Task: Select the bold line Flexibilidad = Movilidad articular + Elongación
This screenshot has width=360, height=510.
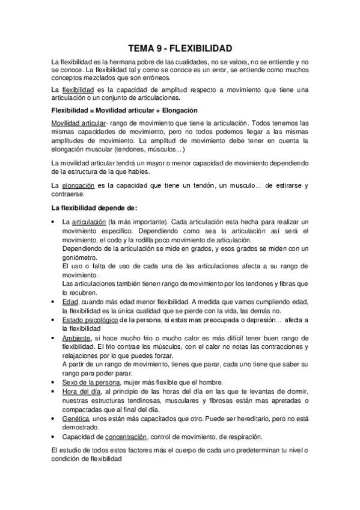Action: click(126, 111)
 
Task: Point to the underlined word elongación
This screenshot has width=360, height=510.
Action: click(79, 186)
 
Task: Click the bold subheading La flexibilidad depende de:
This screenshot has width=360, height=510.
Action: click(95, 209)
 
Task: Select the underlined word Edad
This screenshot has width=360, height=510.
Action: click(70, 301)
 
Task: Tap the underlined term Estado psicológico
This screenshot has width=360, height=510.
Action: click(90, 321)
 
